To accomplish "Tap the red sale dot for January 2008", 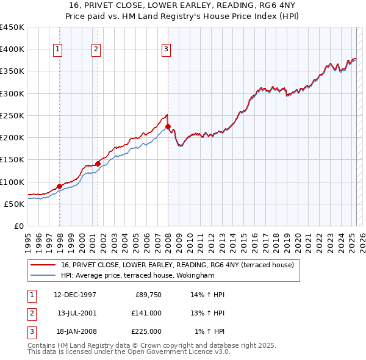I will [x=168, y=126].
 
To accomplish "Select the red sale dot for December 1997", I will [x=59, y=186].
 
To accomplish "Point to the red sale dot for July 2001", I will [x=98, y=164].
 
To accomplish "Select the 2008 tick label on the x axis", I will [x=168, y=240].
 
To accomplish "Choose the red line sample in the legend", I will [x=43, y=265].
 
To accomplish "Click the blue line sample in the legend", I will [x=43, y=275].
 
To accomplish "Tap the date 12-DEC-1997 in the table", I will [x=75, y=295].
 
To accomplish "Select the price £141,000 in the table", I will [x=147, y=313].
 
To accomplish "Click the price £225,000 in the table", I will [x=147, y=331].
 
